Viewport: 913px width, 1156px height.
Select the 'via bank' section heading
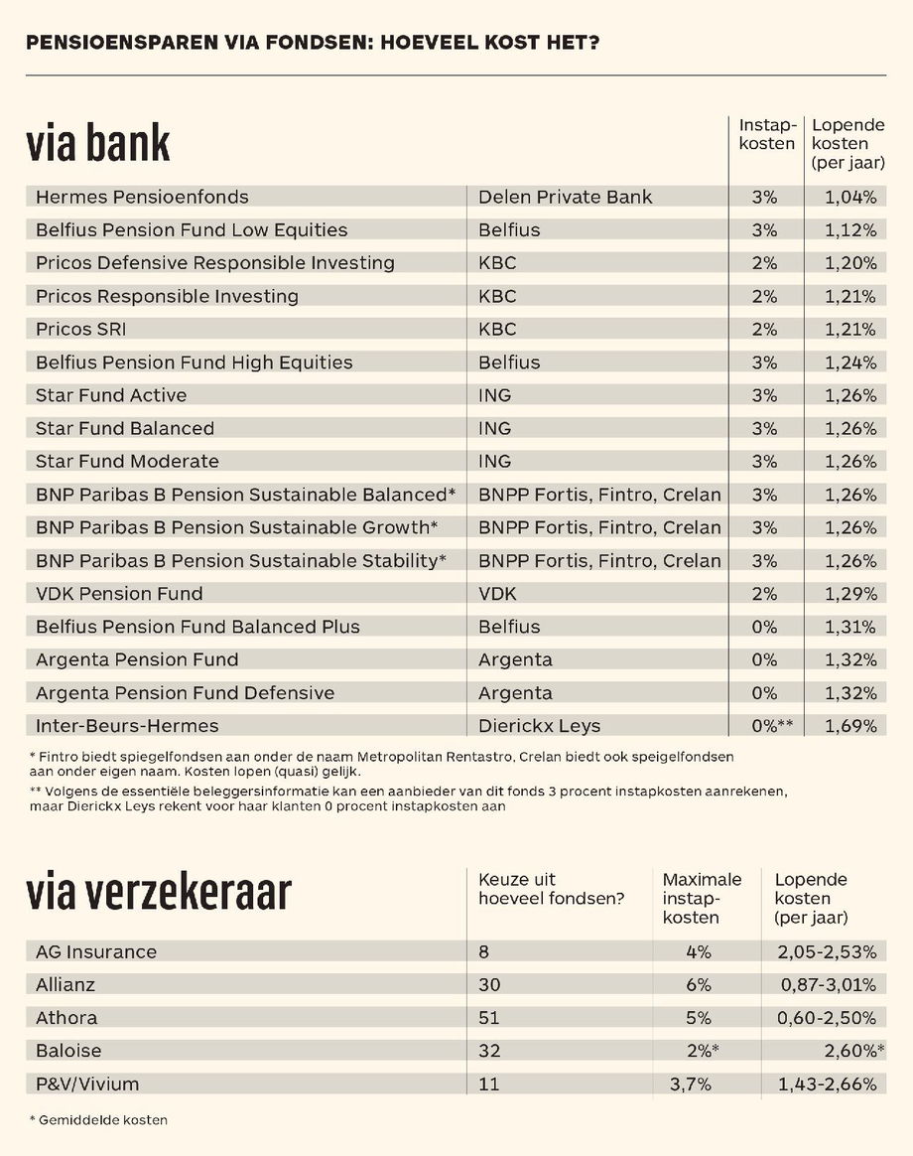coord(98,144)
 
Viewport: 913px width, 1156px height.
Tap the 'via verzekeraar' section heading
coord(159,893)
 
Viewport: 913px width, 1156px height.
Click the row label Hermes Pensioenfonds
coord(142,197)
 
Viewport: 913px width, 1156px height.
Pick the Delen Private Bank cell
coord(565,197)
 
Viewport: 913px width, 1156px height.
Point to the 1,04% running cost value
coord(850,197)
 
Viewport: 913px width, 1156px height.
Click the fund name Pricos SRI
coord(81,329)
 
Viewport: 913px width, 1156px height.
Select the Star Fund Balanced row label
coord(125,428)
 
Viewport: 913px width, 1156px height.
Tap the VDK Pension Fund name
coord(119,594)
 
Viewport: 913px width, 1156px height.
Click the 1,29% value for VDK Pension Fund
coord(850,594)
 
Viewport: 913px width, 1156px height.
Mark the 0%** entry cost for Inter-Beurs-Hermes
coord(771,726)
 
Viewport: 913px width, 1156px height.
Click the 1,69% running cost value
coord(850,726)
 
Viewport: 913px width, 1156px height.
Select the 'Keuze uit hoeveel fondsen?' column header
coord(551,890)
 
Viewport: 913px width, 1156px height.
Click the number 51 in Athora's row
coord(489,1018)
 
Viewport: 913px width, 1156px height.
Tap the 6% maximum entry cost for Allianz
coord(699,985)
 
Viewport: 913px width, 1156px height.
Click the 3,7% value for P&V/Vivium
coord(691,1084)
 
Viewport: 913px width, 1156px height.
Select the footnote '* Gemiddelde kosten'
coord(98,1120)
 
